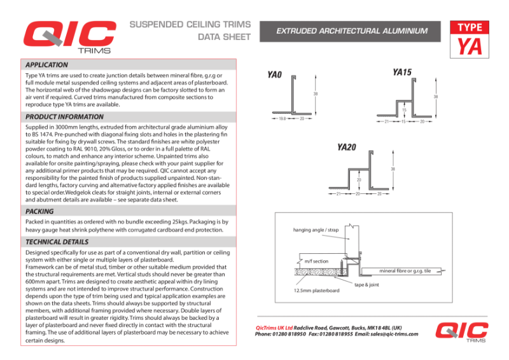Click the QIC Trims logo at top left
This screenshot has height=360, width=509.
(x=67, y=37)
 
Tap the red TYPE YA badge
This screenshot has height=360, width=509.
(x=470, y=39)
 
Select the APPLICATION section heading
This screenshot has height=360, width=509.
(x=46, y=65)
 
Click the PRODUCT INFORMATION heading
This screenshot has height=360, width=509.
(x=64, y=117)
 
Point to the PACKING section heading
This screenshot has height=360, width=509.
(x=39, y=211)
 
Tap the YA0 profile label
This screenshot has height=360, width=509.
(x=274, y=75)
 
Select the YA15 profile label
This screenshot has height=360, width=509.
(x=402, y=73)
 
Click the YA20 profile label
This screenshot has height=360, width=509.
(x=346, y=148)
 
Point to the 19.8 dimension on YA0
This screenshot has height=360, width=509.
(x=281, y=119)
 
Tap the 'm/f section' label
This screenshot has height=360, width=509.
(x=316, y=261)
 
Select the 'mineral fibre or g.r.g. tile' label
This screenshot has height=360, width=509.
(x=405, y=271)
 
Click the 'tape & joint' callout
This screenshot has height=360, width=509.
(x=366, y=284)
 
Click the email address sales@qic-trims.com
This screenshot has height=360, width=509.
(x=395, y=334)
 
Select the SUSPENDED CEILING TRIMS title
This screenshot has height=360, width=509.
(x=190, y=25)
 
